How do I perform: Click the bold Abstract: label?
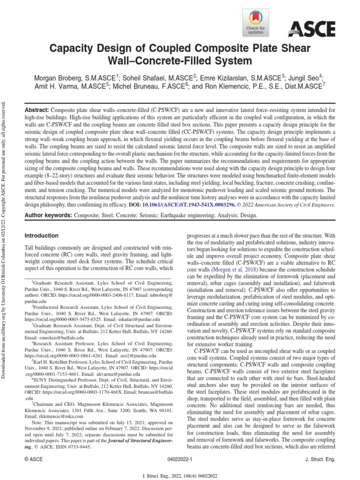click(37, 109)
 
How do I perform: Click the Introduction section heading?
click(41, 235)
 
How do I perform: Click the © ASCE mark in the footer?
click(33, 460)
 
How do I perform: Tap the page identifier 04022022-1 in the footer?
click(180, 460)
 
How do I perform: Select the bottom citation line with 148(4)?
click(180, 474)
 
